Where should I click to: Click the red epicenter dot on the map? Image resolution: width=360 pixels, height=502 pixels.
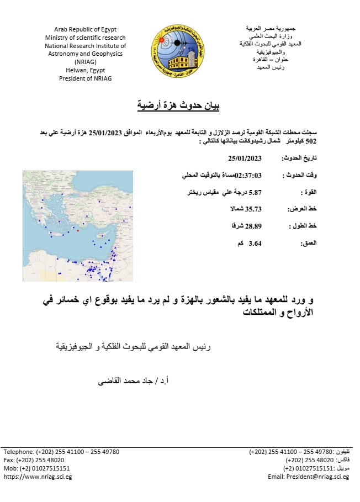pyautogui.click(x=78, y=231)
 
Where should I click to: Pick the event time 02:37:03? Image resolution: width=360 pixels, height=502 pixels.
pyautogui.click(x=248, y=175)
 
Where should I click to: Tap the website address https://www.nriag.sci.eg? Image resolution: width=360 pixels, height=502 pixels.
pyautogui.click(x=38, y=476)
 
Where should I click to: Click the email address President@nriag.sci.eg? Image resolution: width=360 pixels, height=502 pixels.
pyautogui.click(x=309, y=476)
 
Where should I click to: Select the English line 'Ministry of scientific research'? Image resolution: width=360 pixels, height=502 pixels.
pyautogui.click(x=86, y=38)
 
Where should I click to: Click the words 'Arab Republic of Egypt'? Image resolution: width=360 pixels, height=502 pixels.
pyautogui.click(x=86, y=29)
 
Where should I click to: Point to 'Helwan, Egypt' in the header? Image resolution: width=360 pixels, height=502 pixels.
pyautogui.click(x=86, y=71)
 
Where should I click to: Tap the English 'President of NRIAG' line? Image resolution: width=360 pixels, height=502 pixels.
pyautogui.click(x=86, y=79)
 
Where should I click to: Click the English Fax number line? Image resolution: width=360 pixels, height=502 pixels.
pyautogui.click(x=34, y=459)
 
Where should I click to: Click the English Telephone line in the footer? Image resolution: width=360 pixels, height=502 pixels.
pyautogui.click(x=61, y=451)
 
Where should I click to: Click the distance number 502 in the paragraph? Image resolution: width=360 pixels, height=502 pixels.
pyautogui.click(x=315, y=142)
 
